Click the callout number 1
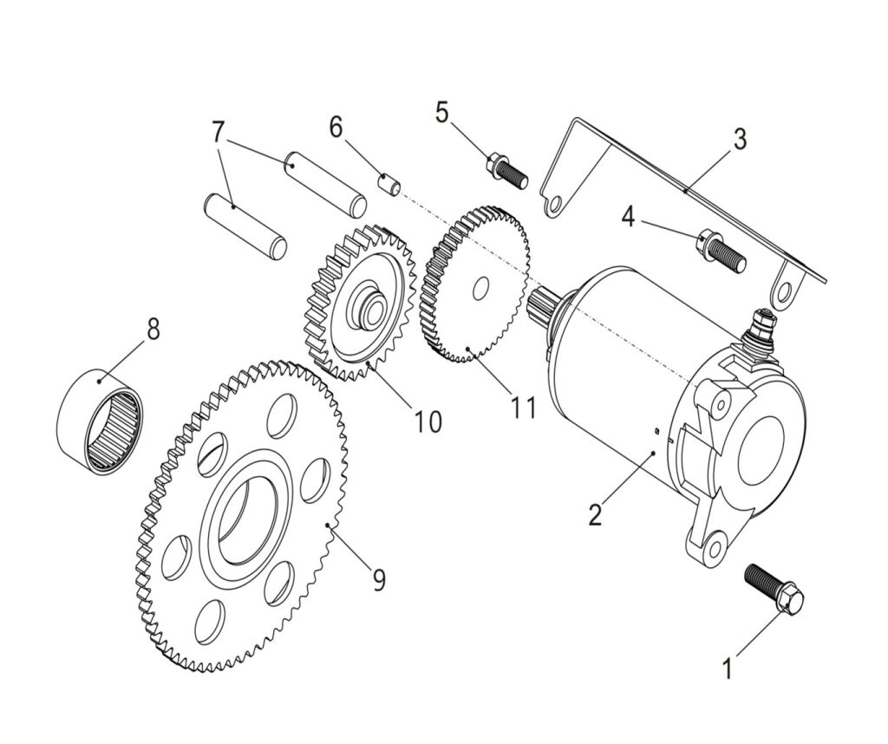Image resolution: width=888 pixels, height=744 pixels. (728, 669)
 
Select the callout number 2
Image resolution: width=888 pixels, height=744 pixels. (594, 514)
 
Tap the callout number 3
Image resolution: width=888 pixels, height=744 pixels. (739, 140)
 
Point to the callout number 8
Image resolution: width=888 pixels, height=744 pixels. (153, 330)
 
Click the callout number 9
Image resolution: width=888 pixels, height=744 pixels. (378, 579)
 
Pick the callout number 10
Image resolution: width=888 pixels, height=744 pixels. (427, 421)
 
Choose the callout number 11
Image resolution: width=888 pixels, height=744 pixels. (523, 407)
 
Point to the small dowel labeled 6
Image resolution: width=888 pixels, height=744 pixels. (390, 186)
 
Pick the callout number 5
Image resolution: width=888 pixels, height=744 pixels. (442, 113)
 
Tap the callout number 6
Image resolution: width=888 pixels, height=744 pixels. (336, 127)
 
